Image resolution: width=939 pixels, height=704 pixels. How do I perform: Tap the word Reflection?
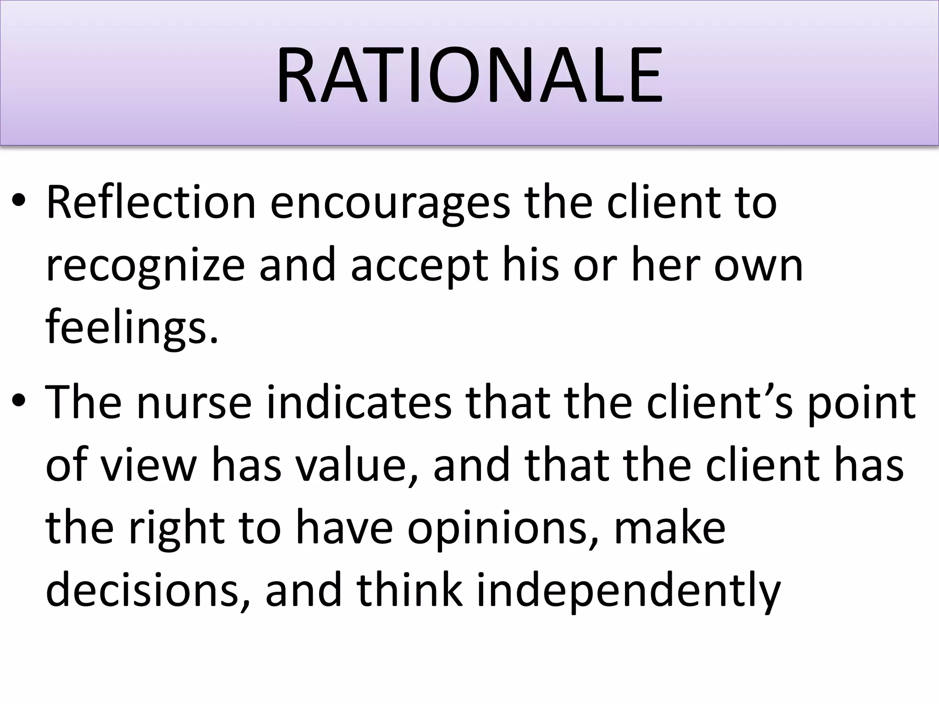click(151, 202)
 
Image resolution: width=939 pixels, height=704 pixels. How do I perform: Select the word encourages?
click(390, 202)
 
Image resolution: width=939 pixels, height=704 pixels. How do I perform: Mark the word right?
click(177, 527)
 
